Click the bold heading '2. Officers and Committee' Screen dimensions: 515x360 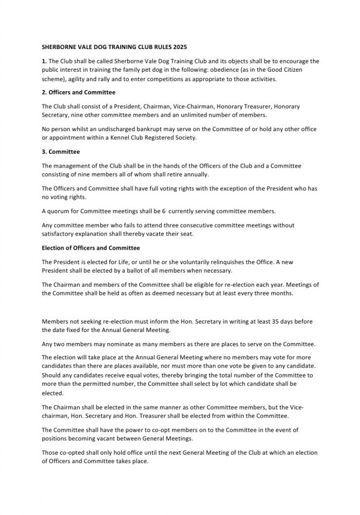coord(79,93)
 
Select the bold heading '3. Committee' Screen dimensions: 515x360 coord(61,152)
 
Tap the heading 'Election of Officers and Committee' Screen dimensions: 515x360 coord(91,248)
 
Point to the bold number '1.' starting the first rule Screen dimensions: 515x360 coord(45,61)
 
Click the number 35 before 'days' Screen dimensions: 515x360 coord(277,322)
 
